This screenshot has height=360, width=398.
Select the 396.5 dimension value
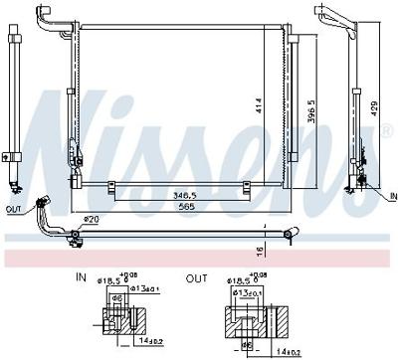click(310, 108)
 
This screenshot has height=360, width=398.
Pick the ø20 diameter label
click(91, 219)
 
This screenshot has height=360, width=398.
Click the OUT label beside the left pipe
click(12, 210)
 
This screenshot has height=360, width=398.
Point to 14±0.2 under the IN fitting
click(149, 342)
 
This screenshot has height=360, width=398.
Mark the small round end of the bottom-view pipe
click(289, 235)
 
